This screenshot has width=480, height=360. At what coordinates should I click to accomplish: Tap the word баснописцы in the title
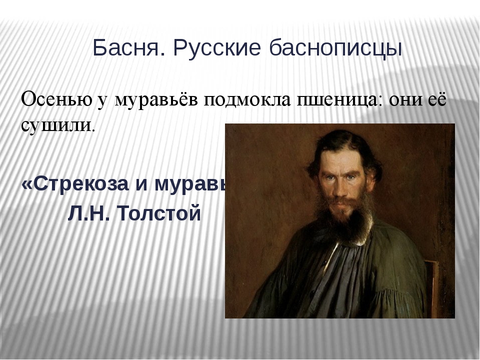coord(335,48)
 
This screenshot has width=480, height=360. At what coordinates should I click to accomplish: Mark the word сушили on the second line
coord(56,124)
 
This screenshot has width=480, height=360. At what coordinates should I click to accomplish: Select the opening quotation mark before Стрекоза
coord(26,184)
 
